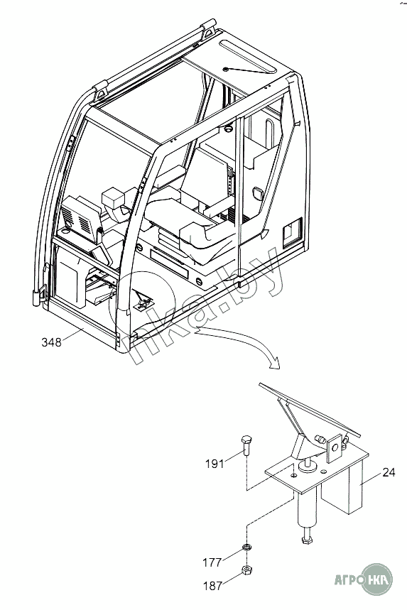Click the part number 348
[x=51, y=342]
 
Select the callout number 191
[x=215, y=463]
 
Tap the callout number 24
[x=389, y=472]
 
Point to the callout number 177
[x=212, y=562]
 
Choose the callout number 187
[x=213, y=585]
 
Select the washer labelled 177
[x=246, y=548]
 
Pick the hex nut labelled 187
[x=246, y=570]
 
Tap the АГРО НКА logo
[x=364, y=579]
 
